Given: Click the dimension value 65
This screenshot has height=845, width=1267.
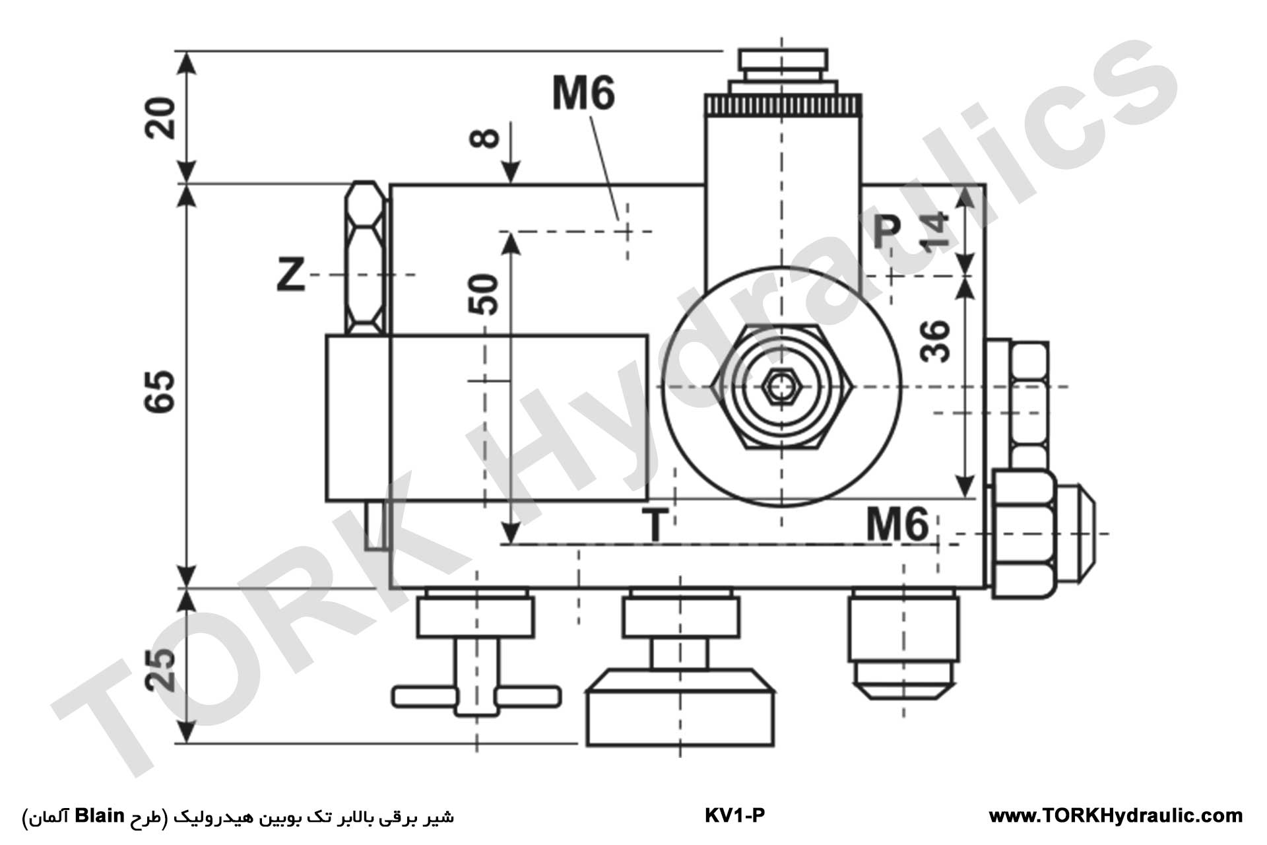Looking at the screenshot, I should coord(160,391).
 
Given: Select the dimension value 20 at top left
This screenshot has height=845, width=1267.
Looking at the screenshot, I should coord(160,117).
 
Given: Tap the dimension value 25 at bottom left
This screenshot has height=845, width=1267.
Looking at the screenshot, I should coord(160,669).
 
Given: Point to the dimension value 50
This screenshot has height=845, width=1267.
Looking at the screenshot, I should coord(484,294).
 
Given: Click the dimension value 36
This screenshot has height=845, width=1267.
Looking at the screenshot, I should coord(935,341).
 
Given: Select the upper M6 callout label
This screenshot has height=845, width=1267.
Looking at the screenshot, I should coord(583,93).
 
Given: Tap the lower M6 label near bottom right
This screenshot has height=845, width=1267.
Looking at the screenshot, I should coord(897,526).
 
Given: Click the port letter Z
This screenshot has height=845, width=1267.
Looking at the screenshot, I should coord(290,275).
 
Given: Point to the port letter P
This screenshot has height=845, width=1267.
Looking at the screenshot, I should coord(886,232).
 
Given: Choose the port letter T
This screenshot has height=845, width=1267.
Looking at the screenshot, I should coord(655,526).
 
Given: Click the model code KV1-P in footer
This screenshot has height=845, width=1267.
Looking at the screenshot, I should coord(734,816).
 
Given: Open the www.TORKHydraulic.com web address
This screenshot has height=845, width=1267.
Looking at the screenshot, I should coord(1115,816).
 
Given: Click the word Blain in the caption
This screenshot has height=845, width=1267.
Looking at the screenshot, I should coord(99,816).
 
